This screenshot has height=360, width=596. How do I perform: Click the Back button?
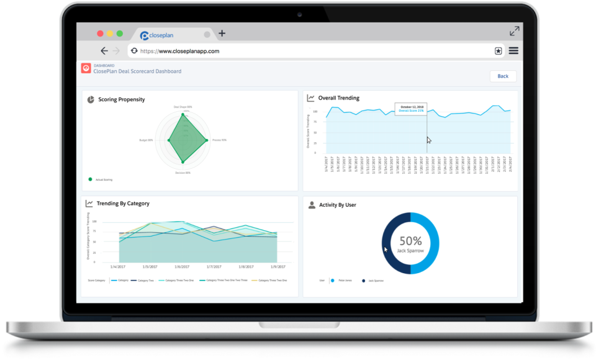[x=502, y=76]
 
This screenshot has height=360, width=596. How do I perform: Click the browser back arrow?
[x=104, y=51]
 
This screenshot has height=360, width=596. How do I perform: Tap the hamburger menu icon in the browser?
[x=513, y=51]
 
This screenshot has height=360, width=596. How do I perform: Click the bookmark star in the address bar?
[x=498, y=52]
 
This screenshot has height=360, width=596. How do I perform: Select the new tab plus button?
[x=222, y=34]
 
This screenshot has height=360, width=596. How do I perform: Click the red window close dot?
[x=100, y=34]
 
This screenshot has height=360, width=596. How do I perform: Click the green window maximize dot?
[x=120, y=34]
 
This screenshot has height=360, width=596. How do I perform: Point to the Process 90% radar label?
[x=219, y=140]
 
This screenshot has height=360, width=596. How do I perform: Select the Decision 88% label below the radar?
[x=183, y=173]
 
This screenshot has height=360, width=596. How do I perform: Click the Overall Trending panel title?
[x=338, y=98]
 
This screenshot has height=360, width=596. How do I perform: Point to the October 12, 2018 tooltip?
[x=411, y=108]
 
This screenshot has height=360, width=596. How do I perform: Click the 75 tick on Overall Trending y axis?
[x=315, y=122]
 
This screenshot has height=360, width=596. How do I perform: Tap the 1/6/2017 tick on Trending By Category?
[x=182, y=266]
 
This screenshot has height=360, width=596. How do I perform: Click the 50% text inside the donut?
[x=410, y=241]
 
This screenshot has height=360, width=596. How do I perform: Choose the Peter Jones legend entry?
[x=345, y=281]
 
